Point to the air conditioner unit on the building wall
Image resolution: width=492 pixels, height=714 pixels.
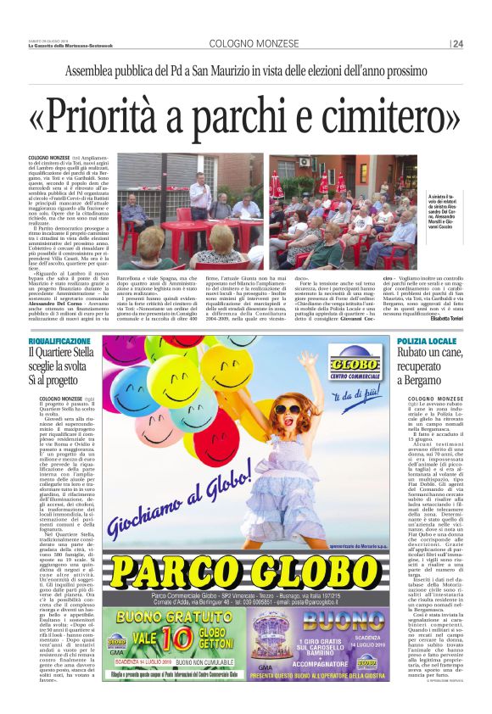[x=304, y=161]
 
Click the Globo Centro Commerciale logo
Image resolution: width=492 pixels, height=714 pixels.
[x=354, y=362]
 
